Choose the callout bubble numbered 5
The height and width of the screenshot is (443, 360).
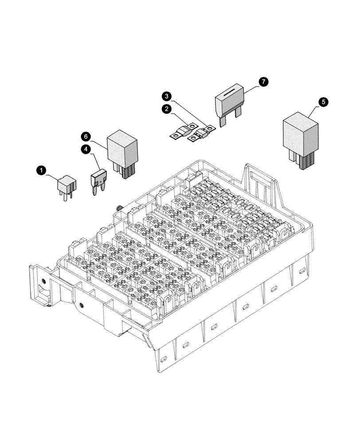(324, 102)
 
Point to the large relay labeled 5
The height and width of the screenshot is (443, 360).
(301, 133)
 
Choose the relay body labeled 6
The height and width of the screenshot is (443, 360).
(122, 147)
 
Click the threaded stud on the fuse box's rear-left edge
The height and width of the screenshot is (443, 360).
(120, 208)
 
